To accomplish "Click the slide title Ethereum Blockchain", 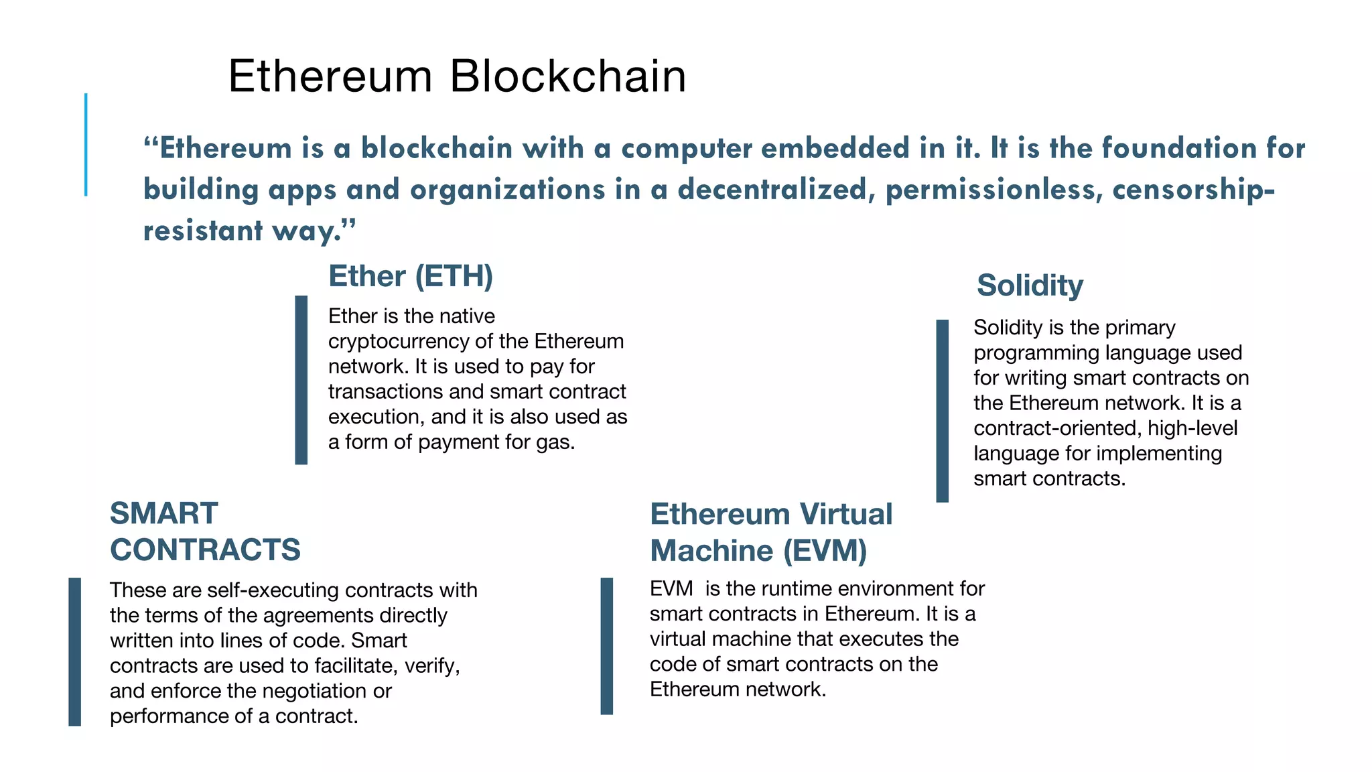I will point(457,76).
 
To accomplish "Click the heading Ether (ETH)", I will point(411,276).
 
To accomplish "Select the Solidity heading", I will point(1030,285).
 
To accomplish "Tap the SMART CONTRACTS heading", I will point(205,531).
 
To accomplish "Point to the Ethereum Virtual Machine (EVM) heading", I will point(771,532).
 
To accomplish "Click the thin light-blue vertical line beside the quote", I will point(86,145).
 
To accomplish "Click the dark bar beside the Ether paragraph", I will point(301,380).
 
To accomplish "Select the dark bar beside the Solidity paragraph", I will point(942,410).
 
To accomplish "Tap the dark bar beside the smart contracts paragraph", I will point(75,651).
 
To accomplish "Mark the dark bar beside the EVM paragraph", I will point(607,646).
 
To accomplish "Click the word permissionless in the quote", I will point(994,190).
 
